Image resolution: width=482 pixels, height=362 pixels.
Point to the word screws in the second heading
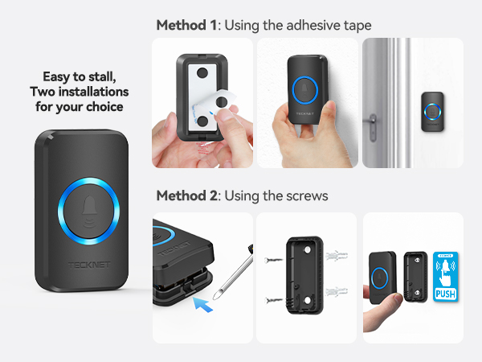pos(309,195)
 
